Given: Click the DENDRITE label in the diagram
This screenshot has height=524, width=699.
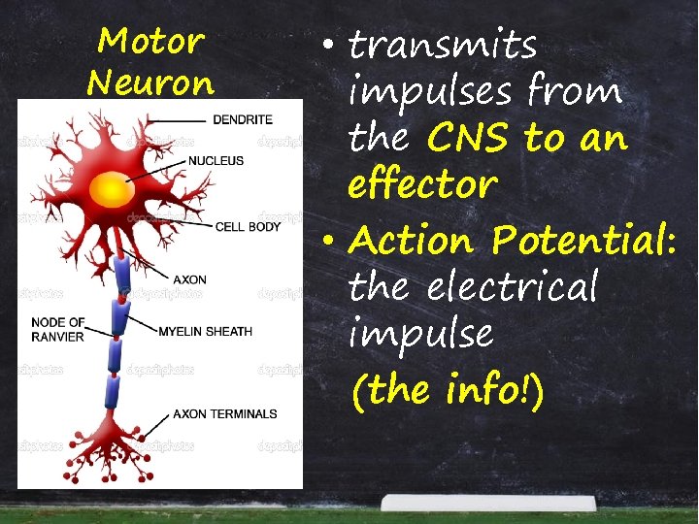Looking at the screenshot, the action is point(243,119).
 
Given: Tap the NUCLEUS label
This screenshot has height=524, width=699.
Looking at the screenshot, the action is point(216,160).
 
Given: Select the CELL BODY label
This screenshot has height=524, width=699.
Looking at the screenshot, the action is point(249,227).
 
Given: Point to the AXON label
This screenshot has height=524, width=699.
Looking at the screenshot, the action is point(189,280).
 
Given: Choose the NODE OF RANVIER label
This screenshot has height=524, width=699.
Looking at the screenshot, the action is point(57,329).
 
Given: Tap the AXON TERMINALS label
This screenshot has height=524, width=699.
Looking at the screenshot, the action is point(225,414).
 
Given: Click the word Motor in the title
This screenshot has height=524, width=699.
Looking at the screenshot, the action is point(150,41).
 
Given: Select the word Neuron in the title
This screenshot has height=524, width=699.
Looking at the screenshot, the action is point(150,81).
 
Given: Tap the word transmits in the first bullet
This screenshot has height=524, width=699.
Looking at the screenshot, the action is point(443,45).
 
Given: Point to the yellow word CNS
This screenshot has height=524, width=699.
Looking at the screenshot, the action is point(468,138).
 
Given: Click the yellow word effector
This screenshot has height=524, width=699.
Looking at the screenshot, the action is point(422,184).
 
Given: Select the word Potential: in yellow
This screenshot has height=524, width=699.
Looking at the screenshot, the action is point(583,239).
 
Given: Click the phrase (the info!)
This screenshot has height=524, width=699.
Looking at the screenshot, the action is point(449,390).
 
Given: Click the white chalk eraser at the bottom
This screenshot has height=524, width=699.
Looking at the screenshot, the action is point(487,503).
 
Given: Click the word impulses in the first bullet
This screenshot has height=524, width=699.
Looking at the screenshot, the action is point(434,93).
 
